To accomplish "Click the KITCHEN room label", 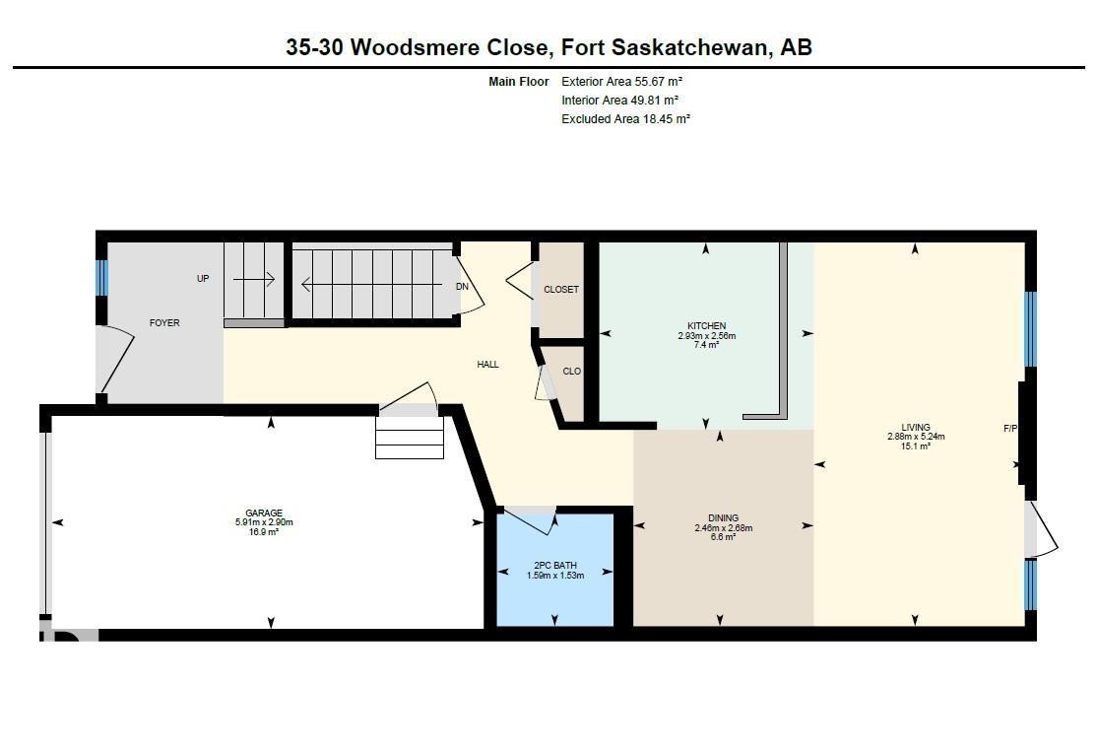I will (706, 326).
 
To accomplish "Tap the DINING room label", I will (723, 518).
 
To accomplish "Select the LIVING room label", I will (915, 428).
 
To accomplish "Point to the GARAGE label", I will (264, 513).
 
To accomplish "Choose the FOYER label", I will (164, 323).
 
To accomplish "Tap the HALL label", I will (487, 365).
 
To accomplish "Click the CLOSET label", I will (561, 290).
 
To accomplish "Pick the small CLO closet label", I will (571, 372).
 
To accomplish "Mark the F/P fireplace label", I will (1009, 429).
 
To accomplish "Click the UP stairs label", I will (203, 279).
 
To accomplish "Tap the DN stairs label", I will (462, 287).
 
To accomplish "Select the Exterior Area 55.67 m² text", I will (621, 82).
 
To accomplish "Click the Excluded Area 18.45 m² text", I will (625, 118).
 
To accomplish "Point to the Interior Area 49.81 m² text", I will (619, 101).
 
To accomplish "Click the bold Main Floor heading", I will (517, 82).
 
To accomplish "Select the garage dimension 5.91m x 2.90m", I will (264, 522).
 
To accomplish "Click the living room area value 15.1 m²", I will (915, 446).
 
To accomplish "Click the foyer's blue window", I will (100, 278).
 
